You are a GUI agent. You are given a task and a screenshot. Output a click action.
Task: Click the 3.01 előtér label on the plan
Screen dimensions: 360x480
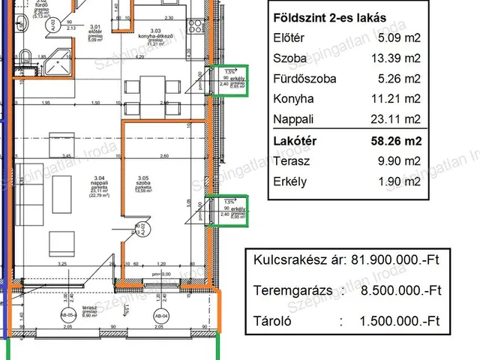94,32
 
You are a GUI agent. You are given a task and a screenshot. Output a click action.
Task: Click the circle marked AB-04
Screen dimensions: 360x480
157,316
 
